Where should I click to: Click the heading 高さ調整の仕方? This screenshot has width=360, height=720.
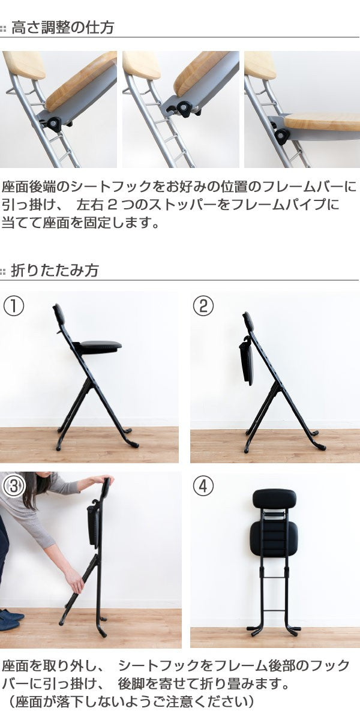point(62,28)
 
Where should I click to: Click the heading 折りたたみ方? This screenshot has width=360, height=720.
point(55,270)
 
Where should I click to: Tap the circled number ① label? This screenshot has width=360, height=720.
point(13,306)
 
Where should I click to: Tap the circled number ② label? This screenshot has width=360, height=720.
point(203,306)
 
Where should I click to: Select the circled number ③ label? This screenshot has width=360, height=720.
point(13,487)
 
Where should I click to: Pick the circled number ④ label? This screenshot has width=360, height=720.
point(203,486)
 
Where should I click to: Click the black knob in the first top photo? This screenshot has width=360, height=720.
point(54,124)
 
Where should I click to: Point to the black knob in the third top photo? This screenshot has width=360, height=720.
point(283,136)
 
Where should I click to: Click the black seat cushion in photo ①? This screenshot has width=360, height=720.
point(100,346)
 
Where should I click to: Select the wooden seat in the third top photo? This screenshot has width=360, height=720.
point(322,121)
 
